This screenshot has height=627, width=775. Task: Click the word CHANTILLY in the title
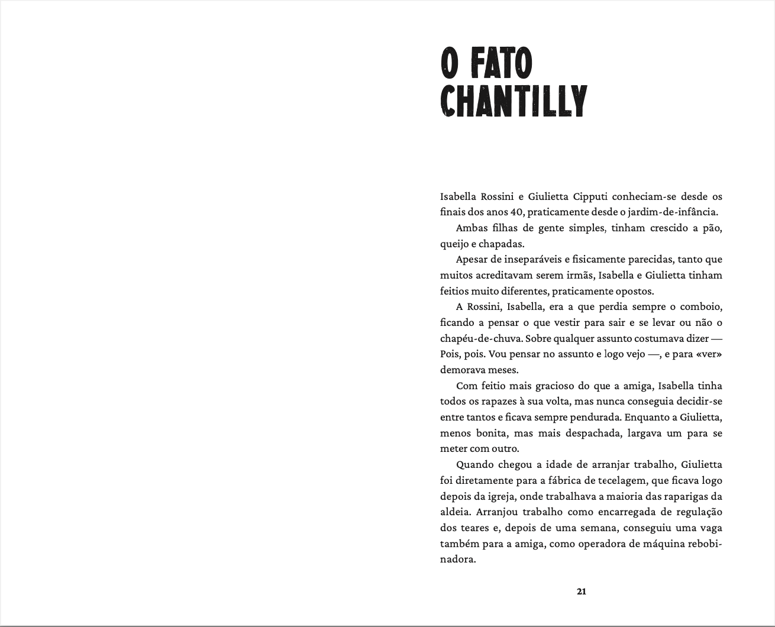(x=514, y=101)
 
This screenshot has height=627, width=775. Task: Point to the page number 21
(x=581, y=591)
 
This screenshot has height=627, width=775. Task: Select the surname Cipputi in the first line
(x=592, y=196)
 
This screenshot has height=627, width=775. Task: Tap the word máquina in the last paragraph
(x=647, y=544)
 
